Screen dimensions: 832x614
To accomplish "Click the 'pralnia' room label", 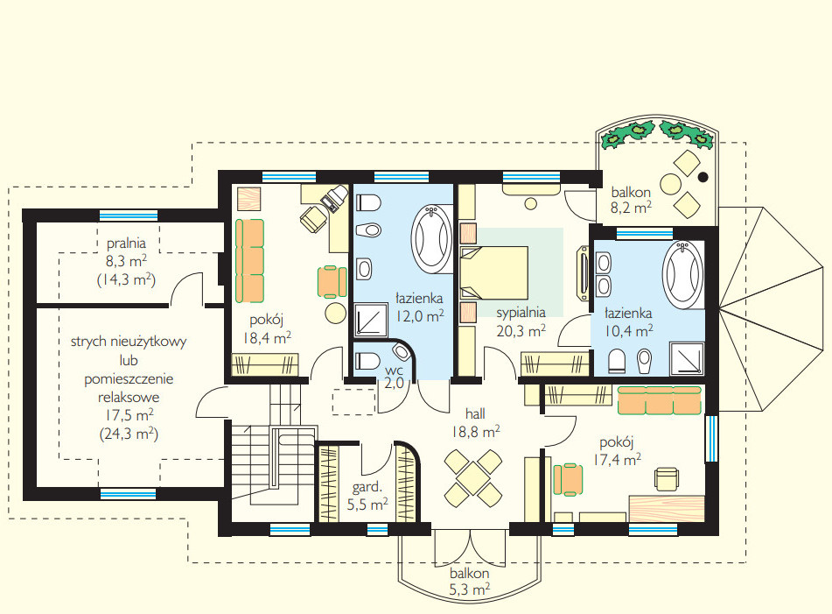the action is pos(126,243).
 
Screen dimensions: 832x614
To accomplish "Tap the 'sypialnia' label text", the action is pos(521,313).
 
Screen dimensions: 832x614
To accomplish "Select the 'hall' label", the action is pos(475,413).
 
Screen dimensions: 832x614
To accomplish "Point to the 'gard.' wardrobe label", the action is pos(367,486).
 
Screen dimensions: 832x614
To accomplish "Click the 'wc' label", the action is pos(395,370).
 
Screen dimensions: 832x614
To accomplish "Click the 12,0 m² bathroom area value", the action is pos(420,316).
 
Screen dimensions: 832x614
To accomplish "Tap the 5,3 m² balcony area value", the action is pos(470,589).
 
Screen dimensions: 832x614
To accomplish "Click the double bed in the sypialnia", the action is pos(494,272).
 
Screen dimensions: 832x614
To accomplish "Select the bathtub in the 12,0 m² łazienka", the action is pos(432,239).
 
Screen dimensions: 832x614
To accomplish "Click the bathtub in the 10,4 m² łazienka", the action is pos(683,275).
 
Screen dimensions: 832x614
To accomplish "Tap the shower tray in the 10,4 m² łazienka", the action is pos(687,358).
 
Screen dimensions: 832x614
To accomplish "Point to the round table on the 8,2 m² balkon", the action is pos(671,184).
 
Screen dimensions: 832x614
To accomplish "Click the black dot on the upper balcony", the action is pos(703,178).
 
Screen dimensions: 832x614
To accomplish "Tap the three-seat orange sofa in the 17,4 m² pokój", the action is pos(659,400).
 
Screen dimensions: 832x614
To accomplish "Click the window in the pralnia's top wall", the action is pos(129,215).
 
